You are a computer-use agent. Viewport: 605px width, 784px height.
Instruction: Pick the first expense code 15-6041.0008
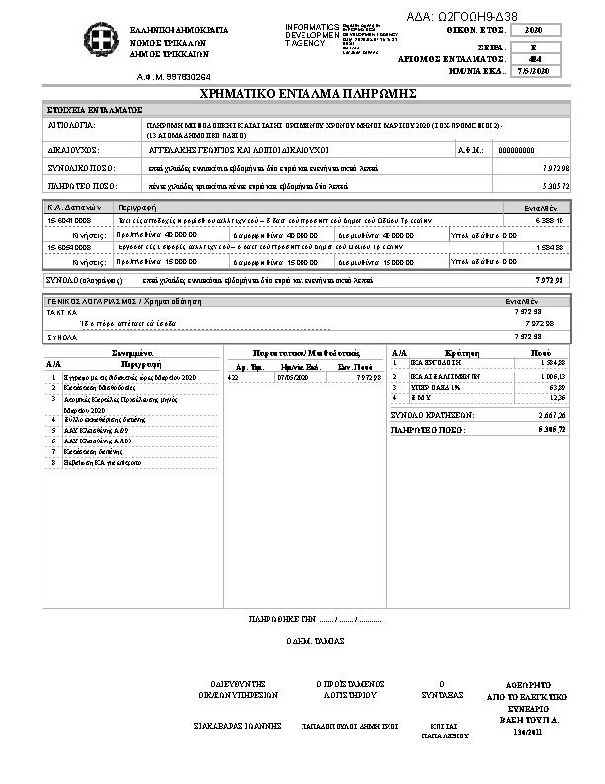(x=69, y=220)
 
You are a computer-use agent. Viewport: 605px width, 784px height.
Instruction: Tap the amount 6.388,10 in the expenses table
(x=551, y=220)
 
